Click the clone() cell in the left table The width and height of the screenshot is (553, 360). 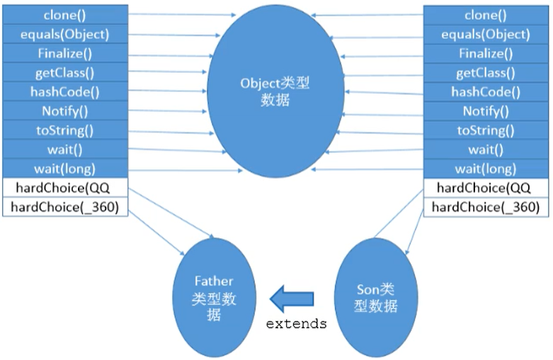66,14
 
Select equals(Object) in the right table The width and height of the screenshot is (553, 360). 485,34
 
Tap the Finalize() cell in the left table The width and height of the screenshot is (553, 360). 66,53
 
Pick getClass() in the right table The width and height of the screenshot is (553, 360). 485,72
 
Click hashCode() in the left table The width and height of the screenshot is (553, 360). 66,91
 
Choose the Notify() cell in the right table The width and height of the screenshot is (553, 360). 485,111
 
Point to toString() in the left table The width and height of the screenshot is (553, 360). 66,130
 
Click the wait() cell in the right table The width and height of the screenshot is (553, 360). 485,149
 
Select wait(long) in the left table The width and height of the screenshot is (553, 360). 66,168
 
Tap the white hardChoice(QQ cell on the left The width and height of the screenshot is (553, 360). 66,187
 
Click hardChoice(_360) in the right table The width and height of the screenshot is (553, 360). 485,207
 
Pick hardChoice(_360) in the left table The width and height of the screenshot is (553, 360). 66,206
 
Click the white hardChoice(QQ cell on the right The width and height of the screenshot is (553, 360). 485,188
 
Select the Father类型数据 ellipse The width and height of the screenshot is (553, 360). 213,298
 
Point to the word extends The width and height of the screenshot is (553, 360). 296,324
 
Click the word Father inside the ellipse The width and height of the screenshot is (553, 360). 213,281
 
